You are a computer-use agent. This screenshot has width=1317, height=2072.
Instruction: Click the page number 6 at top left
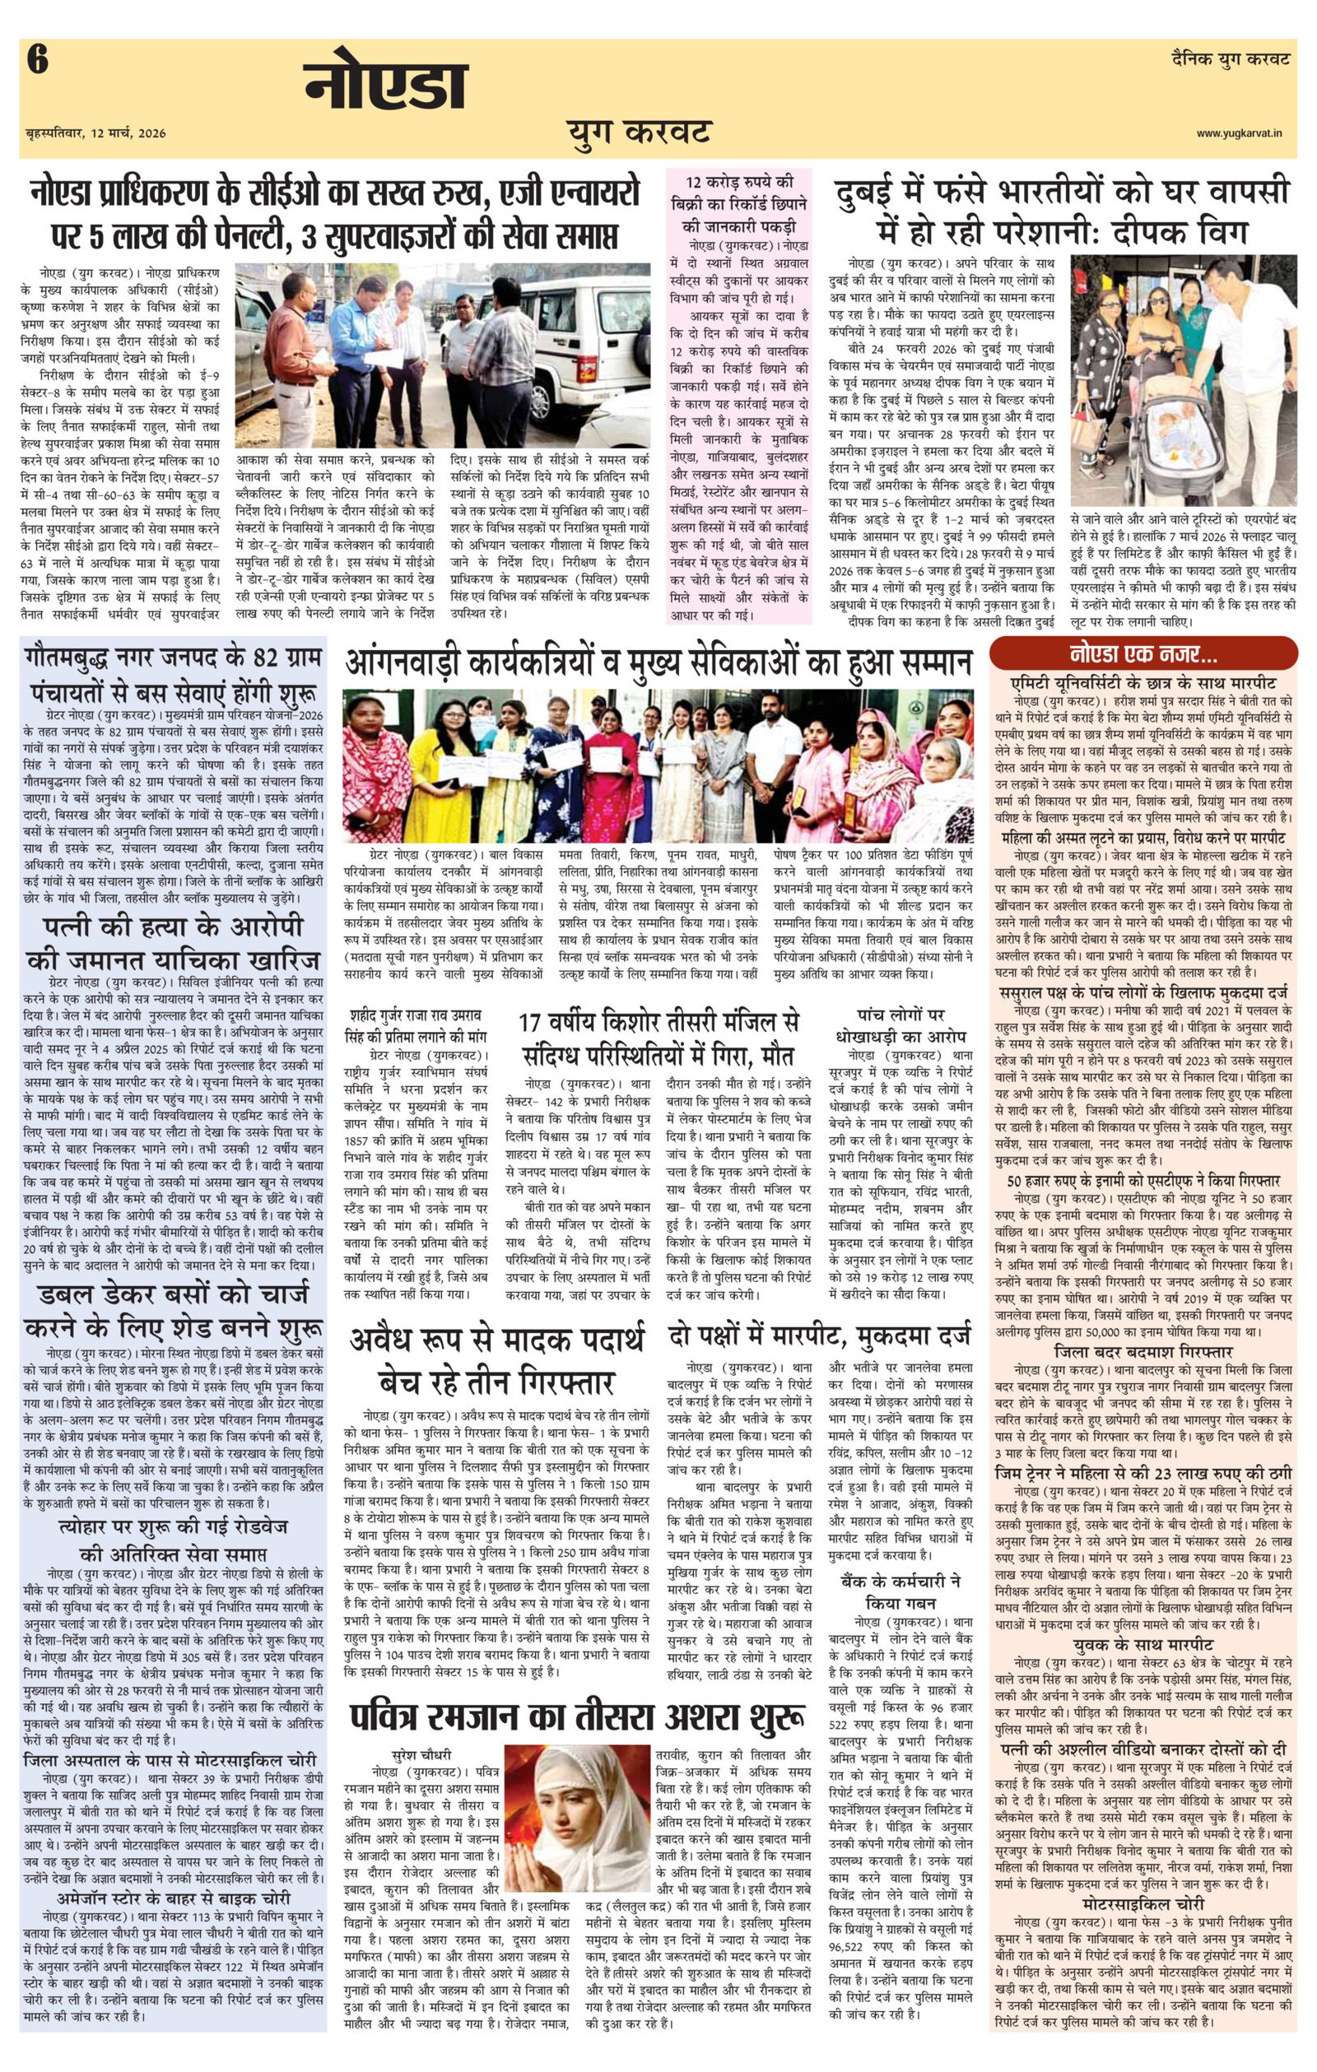[37, 62]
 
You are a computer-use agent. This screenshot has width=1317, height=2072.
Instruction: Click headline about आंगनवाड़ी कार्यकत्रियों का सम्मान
[658, 662]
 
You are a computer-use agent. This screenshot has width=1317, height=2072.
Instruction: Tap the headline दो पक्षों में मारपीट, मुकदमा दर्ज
[819, 1340]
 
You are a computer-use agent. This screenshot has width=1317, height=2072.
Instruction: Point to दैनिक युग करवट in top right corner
[1231, 59]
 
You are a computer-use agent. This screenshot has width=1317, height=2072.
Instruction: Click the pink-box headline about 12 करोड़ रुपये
[739, 204]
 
